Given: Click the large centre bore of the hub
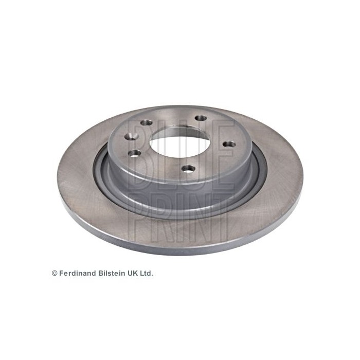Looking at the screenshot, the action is [x=180, y=142].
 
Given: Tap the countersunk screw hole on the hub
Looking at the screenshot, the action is [x=131, y=136].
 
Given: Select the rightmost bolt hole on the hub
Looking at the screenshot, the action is [x=229, y=145].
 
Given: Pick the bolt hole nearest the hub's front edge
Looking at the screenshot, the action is [x=188, y=169].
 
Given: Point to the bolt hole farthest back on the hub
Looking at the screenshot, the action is [x=201, y=118].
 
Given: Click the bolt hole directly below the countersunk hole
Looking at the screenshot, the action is [x=135, y=153].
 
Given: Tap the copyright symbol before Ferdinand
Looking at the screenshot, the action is [x=55, y=273].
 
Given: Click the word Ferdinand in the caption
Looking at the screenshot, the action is [x=78, y=273].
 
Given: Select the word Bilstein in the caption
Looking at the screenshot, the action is [x=112, y=273].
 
